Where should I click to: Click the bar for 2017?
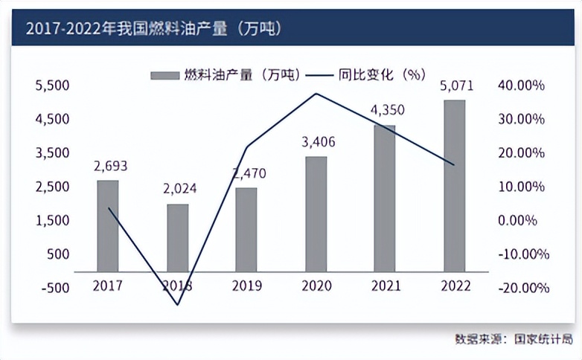(x=108, y=226)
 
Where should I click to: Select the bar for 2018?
(x=178, y=237)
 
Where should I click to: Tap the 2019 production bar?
(x=246, y=230)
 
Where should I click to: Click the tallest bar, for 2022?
(x=454, y=186)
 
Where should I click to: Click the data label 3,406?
(x=316, y=144)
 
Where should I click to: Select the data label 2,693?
(x=111, y=167)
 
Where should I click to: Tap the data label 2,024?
(x=179, y=189)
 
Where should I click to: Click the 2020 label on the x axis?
(x=316, y=286)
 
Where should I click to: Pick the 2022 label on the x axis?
(x=454, y=286)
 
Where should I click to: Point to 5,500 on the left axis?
(x=52, y=86)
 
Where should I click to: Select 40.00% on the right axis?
(x=521, y=86)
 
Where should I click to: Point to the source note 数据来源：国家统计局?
(x=514, y=339)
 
